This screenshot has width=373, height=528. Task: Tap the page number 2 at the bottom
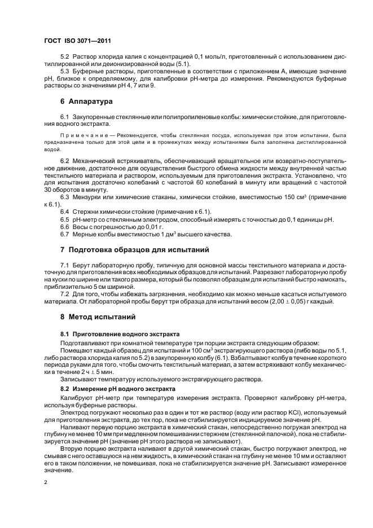pyautogui.click(x=46, y=482)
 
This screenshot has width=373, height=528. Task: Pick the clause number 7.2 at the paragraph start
pyautogui.click(x=65, y=294)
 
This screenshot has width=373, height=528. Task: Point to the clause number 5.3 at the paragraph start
pyautogui.click(x=65, y=72)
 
